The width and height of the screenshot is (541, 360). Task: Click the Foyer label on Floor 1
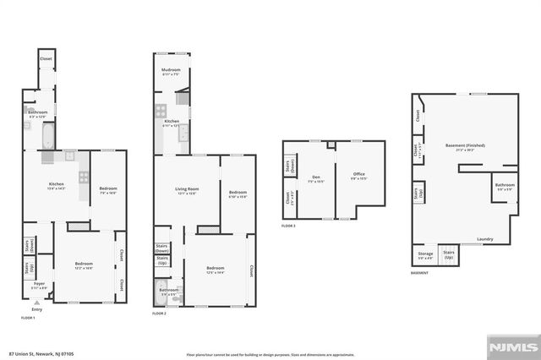click(x=39, y=284)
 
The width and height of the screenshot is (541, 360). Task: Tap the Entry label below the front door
click(x=36, y=309)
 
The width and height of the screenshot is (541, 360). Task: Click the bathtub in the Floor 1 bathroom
click(x=46, y=135)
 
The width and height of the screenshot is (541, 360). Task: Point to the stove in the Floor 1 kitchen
click(x=84, y=177)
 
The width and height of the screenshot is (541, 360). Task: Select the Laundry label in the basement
click(x=484, y=239)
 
